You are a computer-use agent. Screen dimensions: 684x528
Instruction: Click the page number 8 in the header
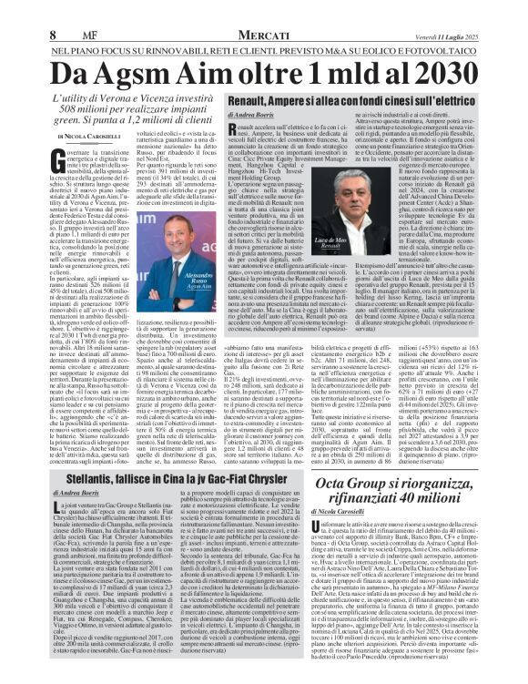point(16,10)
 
